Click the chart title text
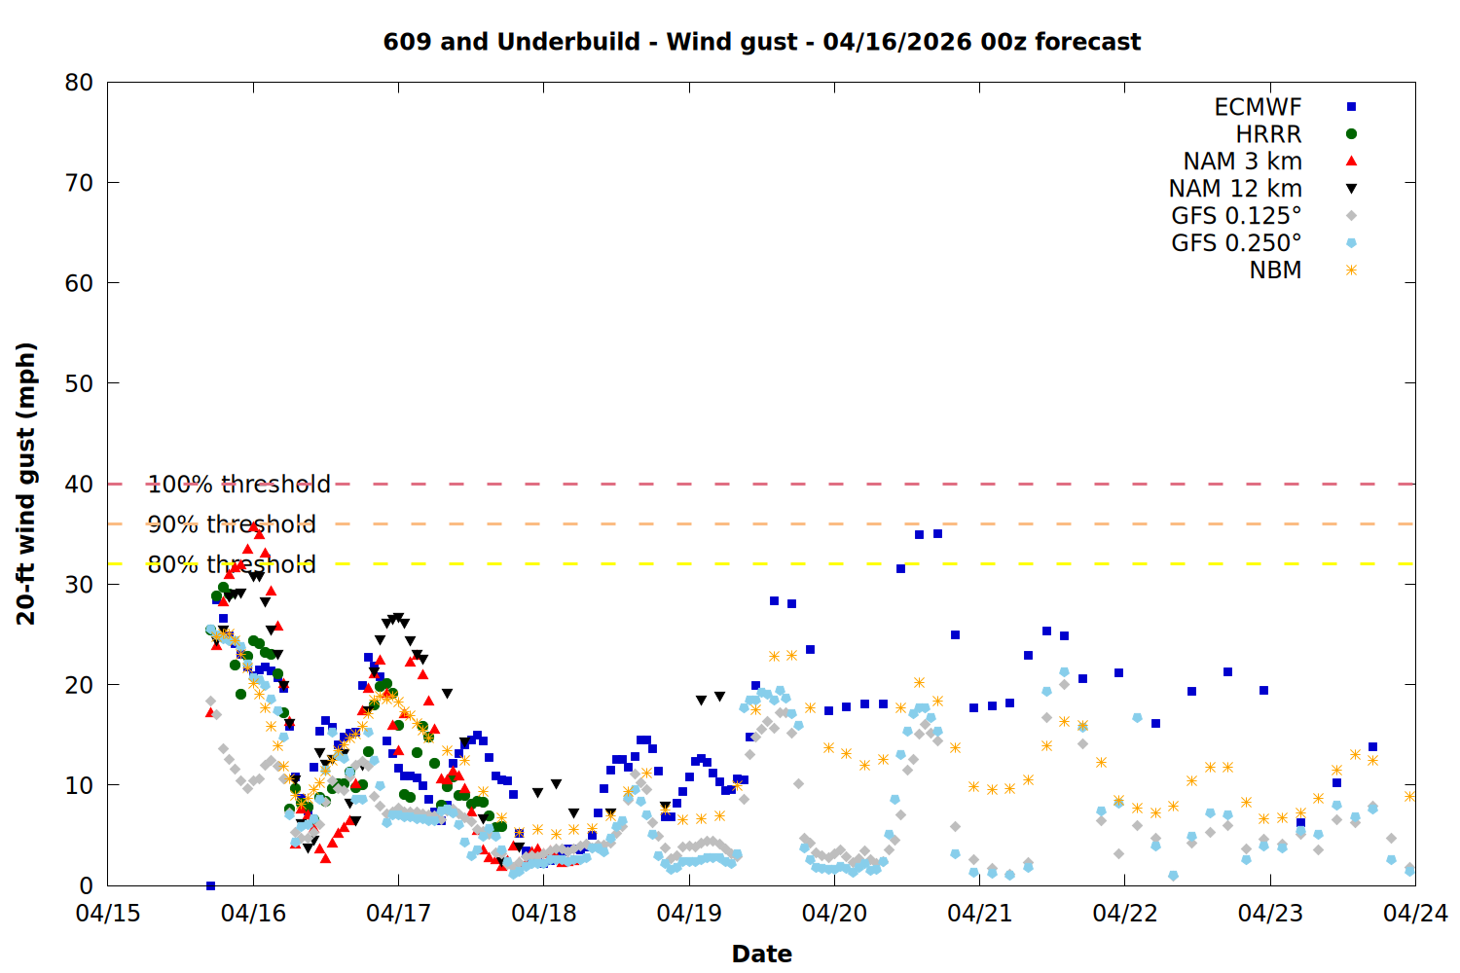tap(761, 42)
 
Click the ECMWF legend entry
tap(1258, 107)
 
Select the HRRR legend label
tap(1268, 134)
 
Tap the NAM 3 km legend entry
tap(1242, 162)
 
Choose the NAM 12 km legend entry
tap(1235, 189)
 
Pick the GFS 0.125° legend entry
tap(1236, 216)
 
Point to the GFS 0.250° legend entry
tap(1236, 243)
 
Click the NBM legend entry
tap(1275, 270)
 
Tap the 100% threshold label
tap(238, 485)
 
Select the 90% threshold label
tap(232, 524)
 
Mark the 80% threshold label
tap(232, 564)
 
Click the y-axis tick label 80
tap(79, 83)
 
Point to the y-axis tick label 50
tap(79, 383)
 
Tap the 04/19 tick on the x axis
tap(689, 914)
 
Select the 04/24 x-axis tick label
tap(1415, 914)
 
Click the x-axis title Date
tap(761, 954)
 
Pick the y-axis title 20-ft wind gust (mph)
tap(26, 484)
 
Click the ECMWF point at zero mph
tap(210, 885)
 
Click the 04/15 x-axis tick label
tap(108, 914)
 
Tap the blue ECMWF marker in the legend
tap(1351, 107)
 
